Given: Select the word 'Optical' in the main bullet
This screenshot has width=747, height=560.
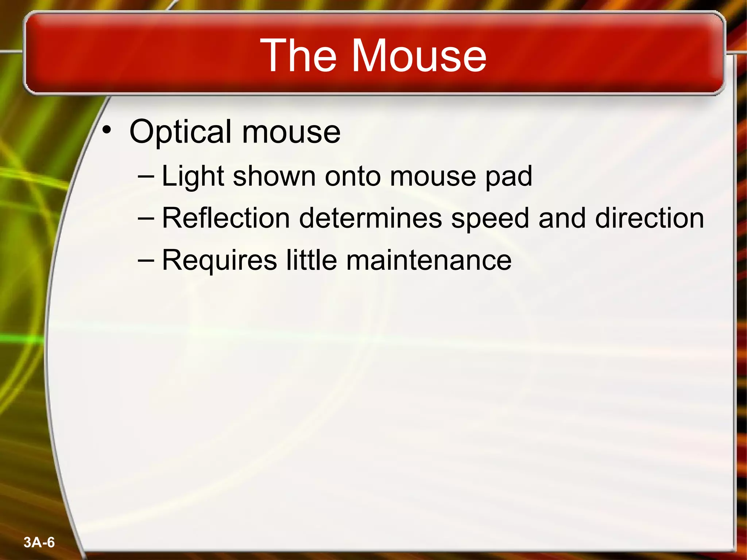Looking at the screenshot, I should [x=180, y=132].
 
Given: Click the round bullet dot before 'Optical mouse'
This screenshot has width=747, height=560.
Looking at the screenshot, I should [x=106, y=130].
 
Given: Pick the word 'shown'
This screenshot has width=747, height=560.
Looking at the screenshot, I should [x=274, y=176].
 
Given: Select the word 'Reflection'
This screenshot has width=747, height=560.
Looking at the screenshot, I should [x=226, y=218].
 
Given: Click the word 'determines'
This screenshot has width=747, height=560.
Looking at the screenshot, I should [x=370, y=218].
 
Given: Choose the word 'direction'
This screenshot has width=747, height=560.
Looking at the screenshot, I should [x=649, y=218].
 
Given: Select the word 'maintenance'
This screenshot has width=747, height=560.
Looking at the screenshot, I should [x=429, y=260].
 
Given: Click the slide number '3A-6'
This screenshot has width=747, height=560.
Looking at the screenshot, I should [x=39, y=542].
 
